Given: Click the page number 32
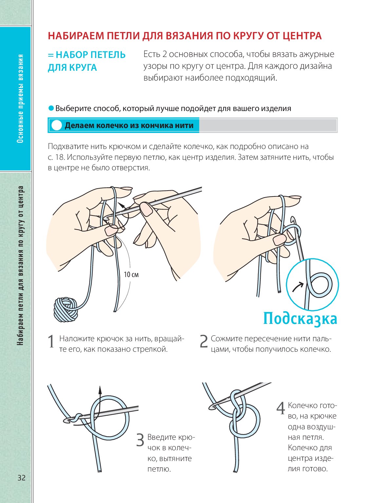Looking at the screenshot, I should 22,477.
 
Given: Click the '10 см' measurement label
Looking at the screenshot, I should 131,274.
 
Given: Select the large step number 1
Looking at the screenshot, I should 51,342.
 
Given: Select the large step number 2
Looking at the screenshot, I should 204,342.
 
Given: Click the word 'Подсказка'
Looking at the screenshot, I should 300,318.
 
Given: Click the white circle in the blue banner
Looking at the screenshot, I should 57,125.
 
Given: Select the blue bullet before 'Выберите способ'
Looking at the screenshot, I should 51,108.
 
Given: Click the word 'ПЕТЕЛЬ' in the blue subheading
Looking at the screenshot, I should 108,55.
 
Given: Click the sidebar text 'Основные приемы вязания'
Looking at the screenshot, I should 20,98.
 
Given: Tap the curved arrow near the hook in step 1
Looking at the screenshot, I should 122,206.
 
